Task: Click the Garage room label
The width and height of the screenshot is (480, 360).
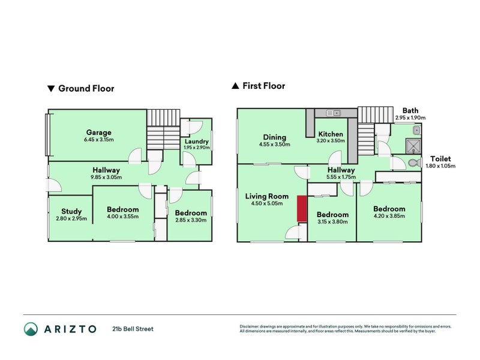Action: [x=98, y=132]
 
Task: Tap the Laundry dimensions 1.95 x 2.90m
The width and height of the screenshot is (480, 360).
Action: [x=197, y=148]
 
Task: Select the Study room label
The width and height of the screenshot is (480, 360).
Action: [x=71, y=211]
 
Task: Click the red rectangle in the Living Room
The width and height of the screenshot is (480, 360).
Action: [x=302, y=208]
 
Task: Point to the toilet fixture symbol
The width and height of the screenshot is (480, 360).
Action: [x=415, y=163]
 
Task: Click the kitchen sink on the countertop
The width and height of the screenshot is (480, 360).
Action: [x=333, y=113]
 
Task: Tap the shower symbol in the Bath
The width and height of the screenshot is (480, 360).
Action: [x=413, y=146]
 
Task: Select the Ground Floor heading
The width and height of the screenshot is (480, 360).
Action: [x=86, y=88]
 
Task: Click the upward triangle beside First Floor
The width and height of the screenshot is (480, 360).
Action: [x=235, y=86]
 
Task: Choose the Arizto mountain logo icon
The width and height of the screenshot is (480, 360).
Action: [x=31, y=329]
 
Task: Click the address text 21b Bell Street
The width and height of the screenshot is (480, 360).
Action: [x=133, y=329]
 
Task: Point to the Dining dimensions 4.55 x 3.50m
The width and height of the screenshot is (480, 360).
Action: [x=274, y=145]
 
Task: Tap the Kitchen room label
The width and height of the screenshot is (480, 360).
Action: [x=331, y=134]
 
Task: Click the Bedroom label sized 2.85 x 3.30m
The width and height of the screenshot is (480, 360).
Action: [x=191, y=213]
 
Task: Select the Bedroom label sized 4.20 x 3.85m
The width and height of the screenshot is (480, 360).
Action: [x=389, y=209]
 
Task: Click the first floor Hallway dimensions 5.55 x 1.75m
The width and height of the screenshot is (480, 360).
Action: [x=341, y=177]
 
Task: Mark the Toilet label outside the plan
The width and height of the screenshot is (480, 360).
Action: [x=440, y=158]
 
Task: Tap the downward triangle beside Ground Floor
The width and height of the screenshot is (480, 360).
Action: [x=51, y=89]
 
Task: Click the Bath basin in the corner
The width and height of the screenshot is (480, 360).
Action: [x=416, y=130]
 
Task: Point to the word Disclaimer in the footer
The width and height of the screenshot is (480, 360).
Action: [x=249, y=326]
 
